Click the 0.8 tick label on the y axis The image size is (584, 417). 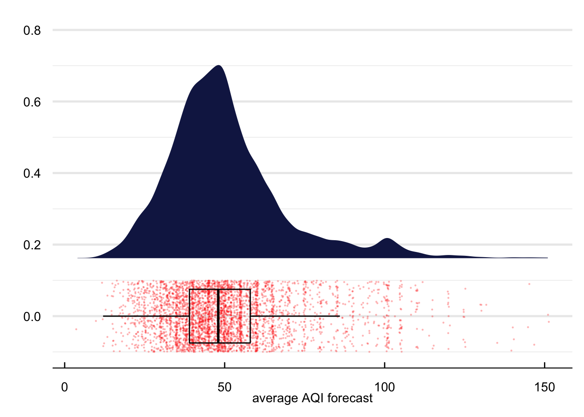tap(32, 30)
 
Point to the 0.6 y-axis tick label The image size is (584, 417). tap(32, 102)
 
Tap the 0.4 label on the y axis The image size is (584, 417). tap(32, 173)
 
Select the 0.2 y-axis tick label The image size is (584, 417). tap(32, 245)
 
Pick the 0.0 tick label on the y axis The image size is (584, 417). tap(32, 317)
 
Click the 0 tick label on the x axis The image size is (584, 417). tap(65, 387)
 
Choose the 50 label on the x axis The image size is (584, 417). tap(225, 387)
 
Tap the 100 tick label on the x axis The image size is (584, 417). tap(385, 387)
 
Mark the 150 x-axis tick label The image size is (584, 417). tap(544, 387)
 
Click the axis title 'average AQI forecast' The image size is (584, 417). tap(312, 398)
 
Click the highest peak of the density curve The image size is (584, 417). tap(219, 66)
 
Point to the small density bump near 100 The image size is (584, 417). tap(387, 239)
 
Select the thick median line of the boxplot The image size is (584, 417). tap(218, 316)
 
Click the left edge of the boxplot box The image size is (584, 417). tap(189, 316)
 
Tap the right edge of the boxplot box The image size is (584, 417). tap(250, 316)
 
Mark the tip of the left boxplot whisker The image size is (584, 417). tap(103, 316)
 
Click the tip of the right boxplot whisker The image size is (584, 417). tap(339, 316)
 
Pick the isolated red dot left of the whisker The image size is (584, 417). tap(76, 329)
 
